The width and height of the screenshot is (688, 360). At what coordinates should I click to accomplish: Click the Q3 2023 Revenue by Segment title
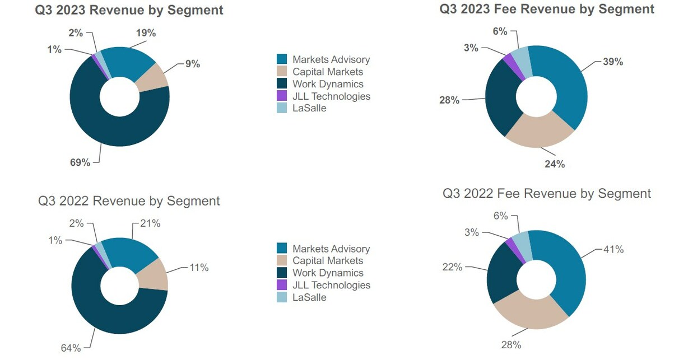tap(128, 10)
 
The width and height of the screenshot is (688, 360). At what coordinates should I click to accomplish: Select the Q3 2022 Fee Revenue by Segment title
tap(547, 194)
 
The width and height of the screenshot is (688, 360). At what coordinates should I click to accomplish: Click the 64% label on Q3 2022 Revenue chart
tap(71, 348)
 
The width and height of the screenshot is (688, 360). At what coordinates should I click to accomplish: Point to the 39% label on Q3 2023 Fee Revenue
tap(612, 62)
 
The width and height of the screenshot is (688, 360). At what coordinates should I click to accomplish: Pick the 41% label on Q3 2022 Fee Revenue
tap(612, 250)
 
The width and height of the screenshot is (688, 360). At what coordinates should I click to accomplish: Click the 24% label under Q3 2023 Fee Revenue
tap(555, 164)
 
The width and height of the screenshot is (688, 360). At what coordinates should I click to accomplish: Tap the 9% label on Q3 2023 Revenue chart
tap(193, 64)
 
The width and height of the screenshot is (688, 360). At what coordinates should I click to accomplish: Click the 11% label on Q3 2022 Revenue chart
tap(198, 268)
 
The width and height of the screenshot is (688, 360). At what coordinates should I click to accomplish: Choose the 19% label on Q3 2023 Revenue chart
tap(146, 33)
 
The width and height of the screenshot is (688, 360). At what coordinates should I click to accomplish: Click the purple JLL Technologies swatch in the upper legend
tap(283, 96)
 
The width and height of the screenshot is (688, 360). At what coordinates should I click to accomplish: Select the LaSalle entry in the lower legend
tap(309, 297)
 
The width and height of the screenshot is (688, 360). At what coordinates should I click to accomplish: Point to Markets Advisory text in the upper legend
tap(331, 59)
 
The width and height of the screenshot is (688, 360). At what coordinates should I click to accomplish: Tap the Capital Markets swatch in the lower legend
tap(283, 261)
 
